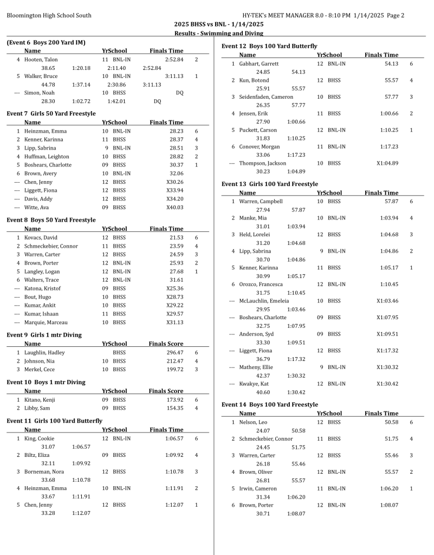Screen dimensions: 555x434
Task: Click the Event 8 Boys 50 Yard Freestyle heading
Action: [x=51, y=220]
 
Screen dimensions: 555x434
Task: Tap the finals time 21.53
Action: [x=176, y=237]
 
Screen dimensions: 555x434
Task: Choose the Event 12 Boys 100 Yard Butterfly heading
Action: [x=269, y=46]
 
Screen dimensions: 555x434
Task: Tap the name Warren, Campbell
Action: [x=261, y=201]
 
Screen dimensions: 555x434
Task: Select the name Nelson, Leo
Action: [x=253, y=422]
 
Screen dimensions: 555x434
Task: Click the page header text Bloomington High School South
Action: [x=49, y=15]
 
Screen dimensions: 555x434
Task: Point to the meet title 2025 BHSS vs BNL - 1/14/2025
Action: [x=219, y=24]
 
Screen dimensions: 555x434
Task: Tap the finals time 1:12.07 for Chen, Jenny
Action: [x=174, y=505]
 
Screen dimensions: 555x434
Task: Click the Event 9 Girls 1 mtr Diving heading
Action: [x=44, y=335]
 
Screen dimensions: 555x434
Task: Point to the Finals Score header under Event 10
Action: [x=166, y=391]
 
